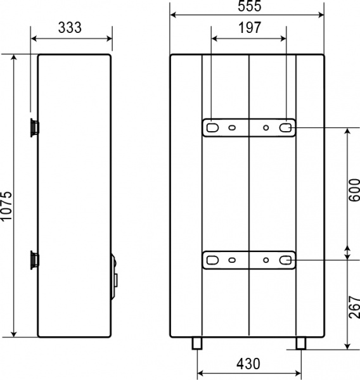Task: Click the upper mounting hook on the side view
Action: (x=33, y=127)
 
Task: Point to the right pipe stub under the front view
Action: (x=300, y=343)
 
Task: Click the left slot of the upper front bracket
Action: (x=211, y=127)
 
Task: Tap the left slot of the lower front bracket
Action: (x=211, y=260)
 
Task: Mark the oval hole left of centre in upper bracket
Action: (x=233, y=127)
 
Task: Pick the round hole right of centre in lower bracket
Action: (x=266, y=260)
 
